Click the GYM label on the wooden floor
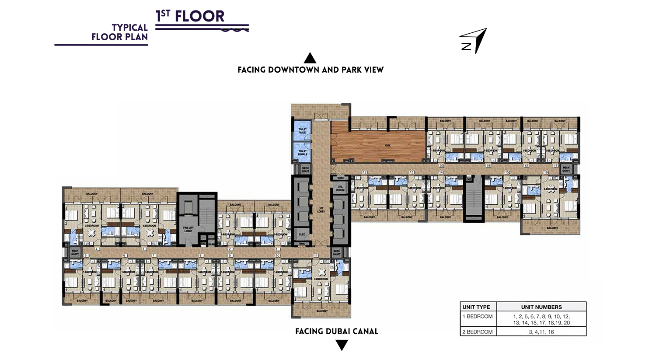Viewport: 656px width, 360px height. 387,146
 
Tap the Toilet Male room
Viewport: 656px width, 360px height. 302,131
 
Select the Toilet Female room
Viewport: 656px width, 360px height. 302,152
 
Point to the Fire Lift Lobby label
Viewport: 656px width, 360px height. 188,229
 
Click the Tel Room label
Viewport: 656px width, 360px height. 340,189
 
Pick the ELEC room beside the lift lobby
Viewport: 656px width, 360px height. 302,234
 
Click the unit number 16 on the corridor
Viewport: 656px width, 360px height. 546,172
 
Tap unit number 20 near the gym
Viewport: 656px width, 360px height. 441,166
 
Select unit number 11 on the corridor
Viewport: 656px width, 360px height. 315,255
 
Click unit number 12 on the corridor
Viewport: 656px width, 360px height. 364,172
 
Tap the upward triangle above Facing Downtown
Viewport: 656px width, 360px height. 310,58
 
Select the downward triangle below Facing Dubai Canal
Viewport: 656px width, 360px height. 342,345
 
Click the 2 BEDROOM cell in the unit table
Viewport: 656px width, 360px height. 478,332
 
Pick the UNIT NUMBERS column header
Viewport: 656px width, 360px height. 541,307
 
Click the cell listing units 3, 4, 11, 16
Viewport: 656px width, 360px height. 541,332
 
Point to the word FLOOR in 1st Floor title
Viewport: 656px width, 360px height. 199,17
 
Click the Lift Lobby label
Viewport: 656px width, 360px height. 321,210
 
